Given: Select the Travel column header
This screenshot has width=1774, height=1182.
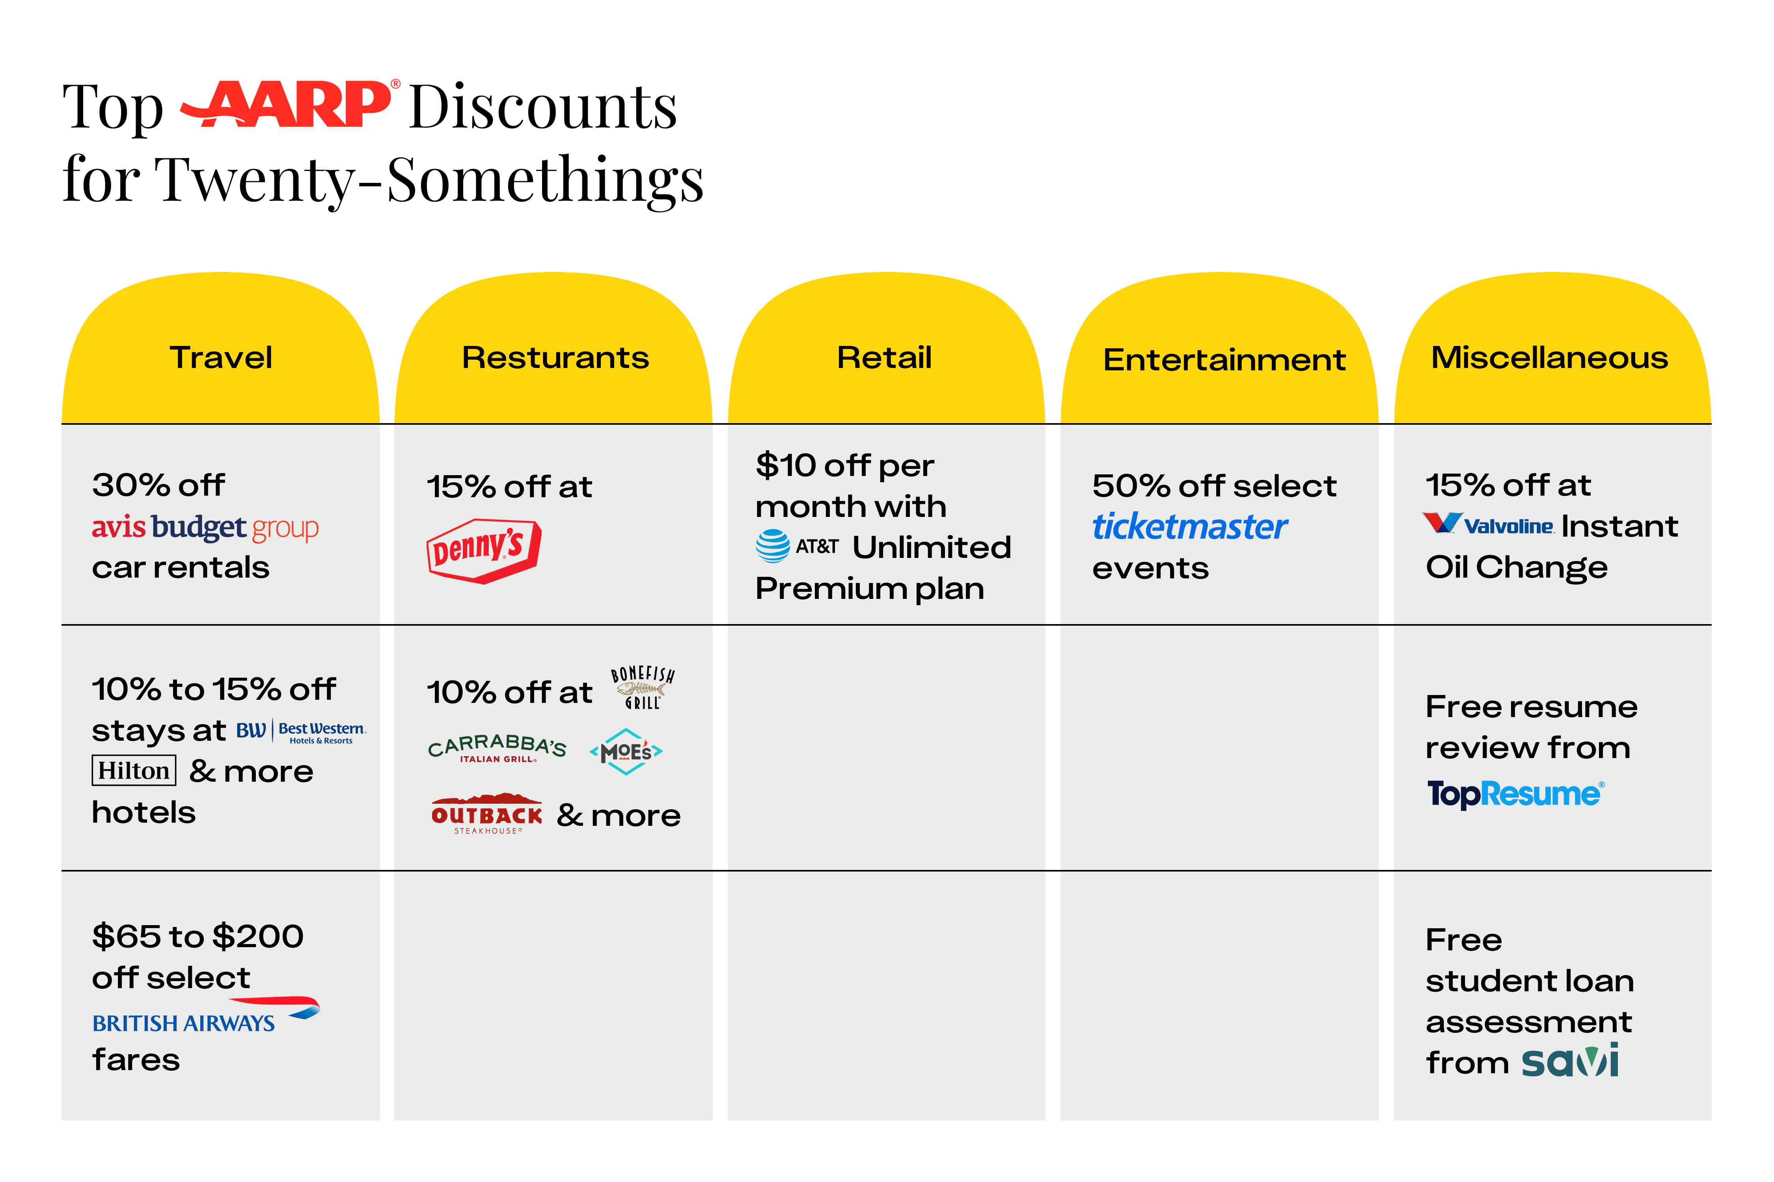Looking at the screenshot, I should pyautogui.click(x=221, y=357).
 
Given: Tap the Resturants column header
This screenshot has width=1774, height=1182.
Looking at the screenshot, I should pyautogui.click(x=555, y=357).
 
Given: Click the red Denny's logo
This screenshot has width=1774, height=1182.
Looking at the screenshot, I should pyautogui.click(x=483, y=550).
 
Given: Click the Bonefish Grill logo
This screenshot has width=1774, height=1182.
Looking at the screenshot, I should pyautogui.click(x=643, y=687).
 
